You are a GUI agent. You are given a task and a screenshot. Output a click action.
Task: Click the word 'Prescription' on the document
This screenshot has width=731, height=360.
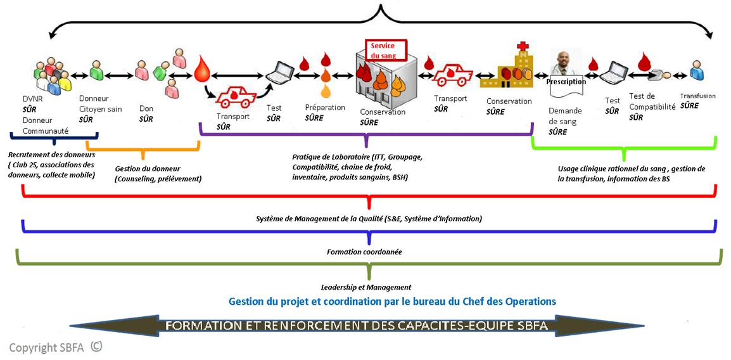coord(566,82)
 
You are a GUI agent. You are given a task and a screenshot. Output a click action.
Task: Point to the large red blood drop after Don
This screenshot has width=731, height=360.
coord(202,68)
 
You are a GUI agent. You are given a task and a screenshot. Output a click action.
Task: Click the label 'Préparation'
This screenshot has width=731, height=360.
coord(325,108)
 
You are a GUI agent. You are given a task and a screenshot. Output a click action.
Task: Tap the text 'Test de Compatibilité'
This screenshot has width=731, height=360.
coord(652,101)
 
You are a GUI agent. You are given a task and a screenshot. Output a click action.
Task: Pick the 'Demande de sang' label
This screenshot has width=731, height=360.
coord(563,115)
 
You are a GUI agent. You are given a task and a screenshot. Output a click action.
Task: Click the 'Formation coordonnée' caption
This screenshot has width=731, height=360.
coord(364,252)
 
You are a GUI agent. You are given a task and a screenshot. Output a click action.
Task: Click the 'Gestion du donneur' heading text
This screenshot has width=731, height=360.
coord(148,169)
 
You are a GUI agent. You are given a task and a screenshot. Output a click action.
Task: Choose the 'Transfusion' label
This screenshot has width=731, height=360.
coord(697,96)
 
